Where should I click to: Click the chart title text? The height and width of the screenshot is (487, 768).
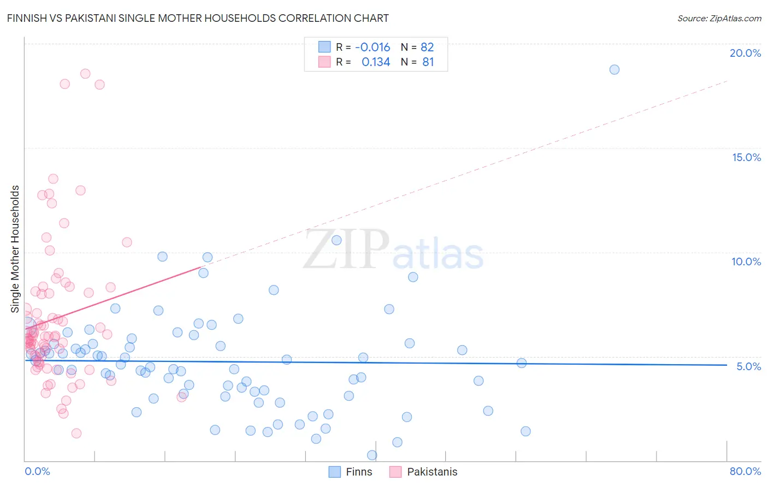coord(198,18)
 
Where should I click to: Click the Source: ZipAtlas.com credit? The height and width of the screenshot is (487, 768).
coord(719,18)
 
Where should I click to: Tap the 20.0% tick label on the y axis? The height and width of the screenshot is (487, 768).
coord(745,53)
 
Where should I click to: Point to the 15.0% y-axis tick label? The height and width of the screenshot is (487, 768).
coord(746,157)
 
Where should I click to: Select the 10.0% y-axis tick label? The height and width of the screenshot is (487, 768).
coord(746,262)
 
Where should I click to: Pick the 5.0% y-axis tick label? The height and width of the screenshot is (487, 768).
coord(748,366)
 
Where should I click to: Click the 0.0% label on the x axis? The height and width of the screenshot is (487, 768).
coord(37,471)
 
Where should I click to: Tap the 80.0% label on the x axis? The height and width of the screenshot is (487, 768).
coord(745,471)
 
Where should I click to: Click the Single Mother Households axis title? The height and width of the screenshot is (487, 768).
coord(15,249)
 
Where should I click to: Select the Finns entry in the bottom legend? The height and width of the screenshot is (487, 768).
coord(358,472)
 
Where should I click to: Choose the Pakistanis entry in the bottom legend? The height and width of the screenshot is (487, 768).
coord(432,472)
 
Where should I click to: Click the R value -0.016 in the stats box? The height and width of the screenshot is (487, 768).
coord(373,47)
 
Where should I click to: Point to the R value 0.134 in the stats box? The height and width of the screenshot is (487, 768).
coord(376,62)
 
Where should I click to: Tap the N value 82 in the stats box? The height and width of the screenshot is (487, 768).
coord(427,47)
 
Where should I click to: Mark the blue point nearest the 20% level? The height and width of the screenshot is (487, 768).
coord(615,69)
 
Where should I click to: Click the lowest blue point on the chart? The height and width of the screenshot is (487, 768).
coord(372,455)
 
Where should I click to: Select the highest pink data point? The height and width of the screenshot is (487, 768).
coord(85,74)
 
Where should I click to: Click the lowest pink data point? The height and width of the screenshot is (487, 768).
coord(76,433)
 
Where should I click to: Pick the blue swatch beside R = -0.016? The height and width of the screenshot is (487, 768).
coord(324,47)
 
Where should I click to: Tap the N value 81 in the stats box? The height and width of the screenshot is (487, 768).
coord(428,62)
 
